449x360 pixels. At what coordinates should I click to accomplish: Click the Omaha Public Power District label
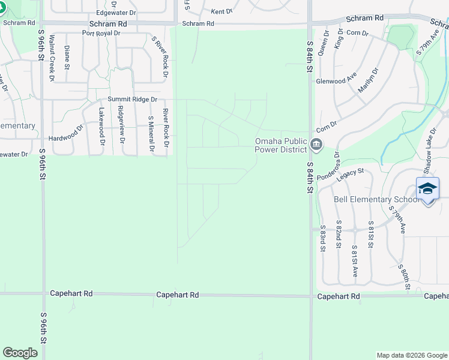click(x=280, y=145)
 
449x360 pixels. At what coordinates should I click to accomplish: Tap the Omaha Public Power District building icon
click(x=317, y=145)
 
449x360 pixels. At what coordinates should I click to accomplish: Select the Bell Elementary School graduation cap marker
click(x=427, y=188)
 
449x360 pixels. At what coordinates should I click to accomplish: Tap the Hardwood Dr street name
click(x=67, y=132)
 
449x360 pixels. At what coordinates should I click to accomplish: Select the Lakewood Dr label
click(x=102, y=126)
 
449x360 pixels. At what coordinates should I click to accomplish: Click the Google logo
click(x=20, y=353)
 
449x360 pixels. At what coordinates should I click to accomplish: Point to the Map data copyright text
click(x=412, y=355)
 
